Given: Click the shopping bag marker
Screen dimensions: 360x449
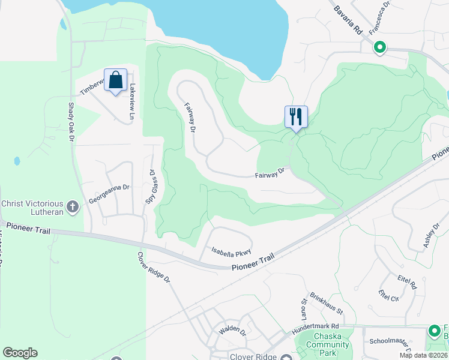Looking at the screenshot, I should pyautogui.click(x=115, y=80).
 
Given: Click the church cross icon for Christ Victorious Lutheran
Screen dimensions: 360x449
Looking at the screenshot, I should pyautogui.click(x=73, y=208).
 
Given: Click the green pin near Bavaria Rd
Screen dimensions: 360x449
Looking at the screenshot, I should pyautogui.click(x=379, y=47).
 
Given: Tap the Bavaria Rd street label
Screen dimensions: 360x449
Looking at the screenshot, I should pyautogui.click(x=348, y=18).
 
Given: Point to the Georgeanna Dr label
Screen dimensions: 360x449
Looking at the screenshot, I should pyautogui.click(x=109, y=194).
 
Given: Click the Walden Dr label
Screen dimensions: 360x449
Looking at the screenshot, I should pyautogui.click(x=233, y=329).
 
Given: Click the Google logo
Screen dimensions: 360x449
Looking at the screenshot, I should pyautogui.click(x=20, y=353).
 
